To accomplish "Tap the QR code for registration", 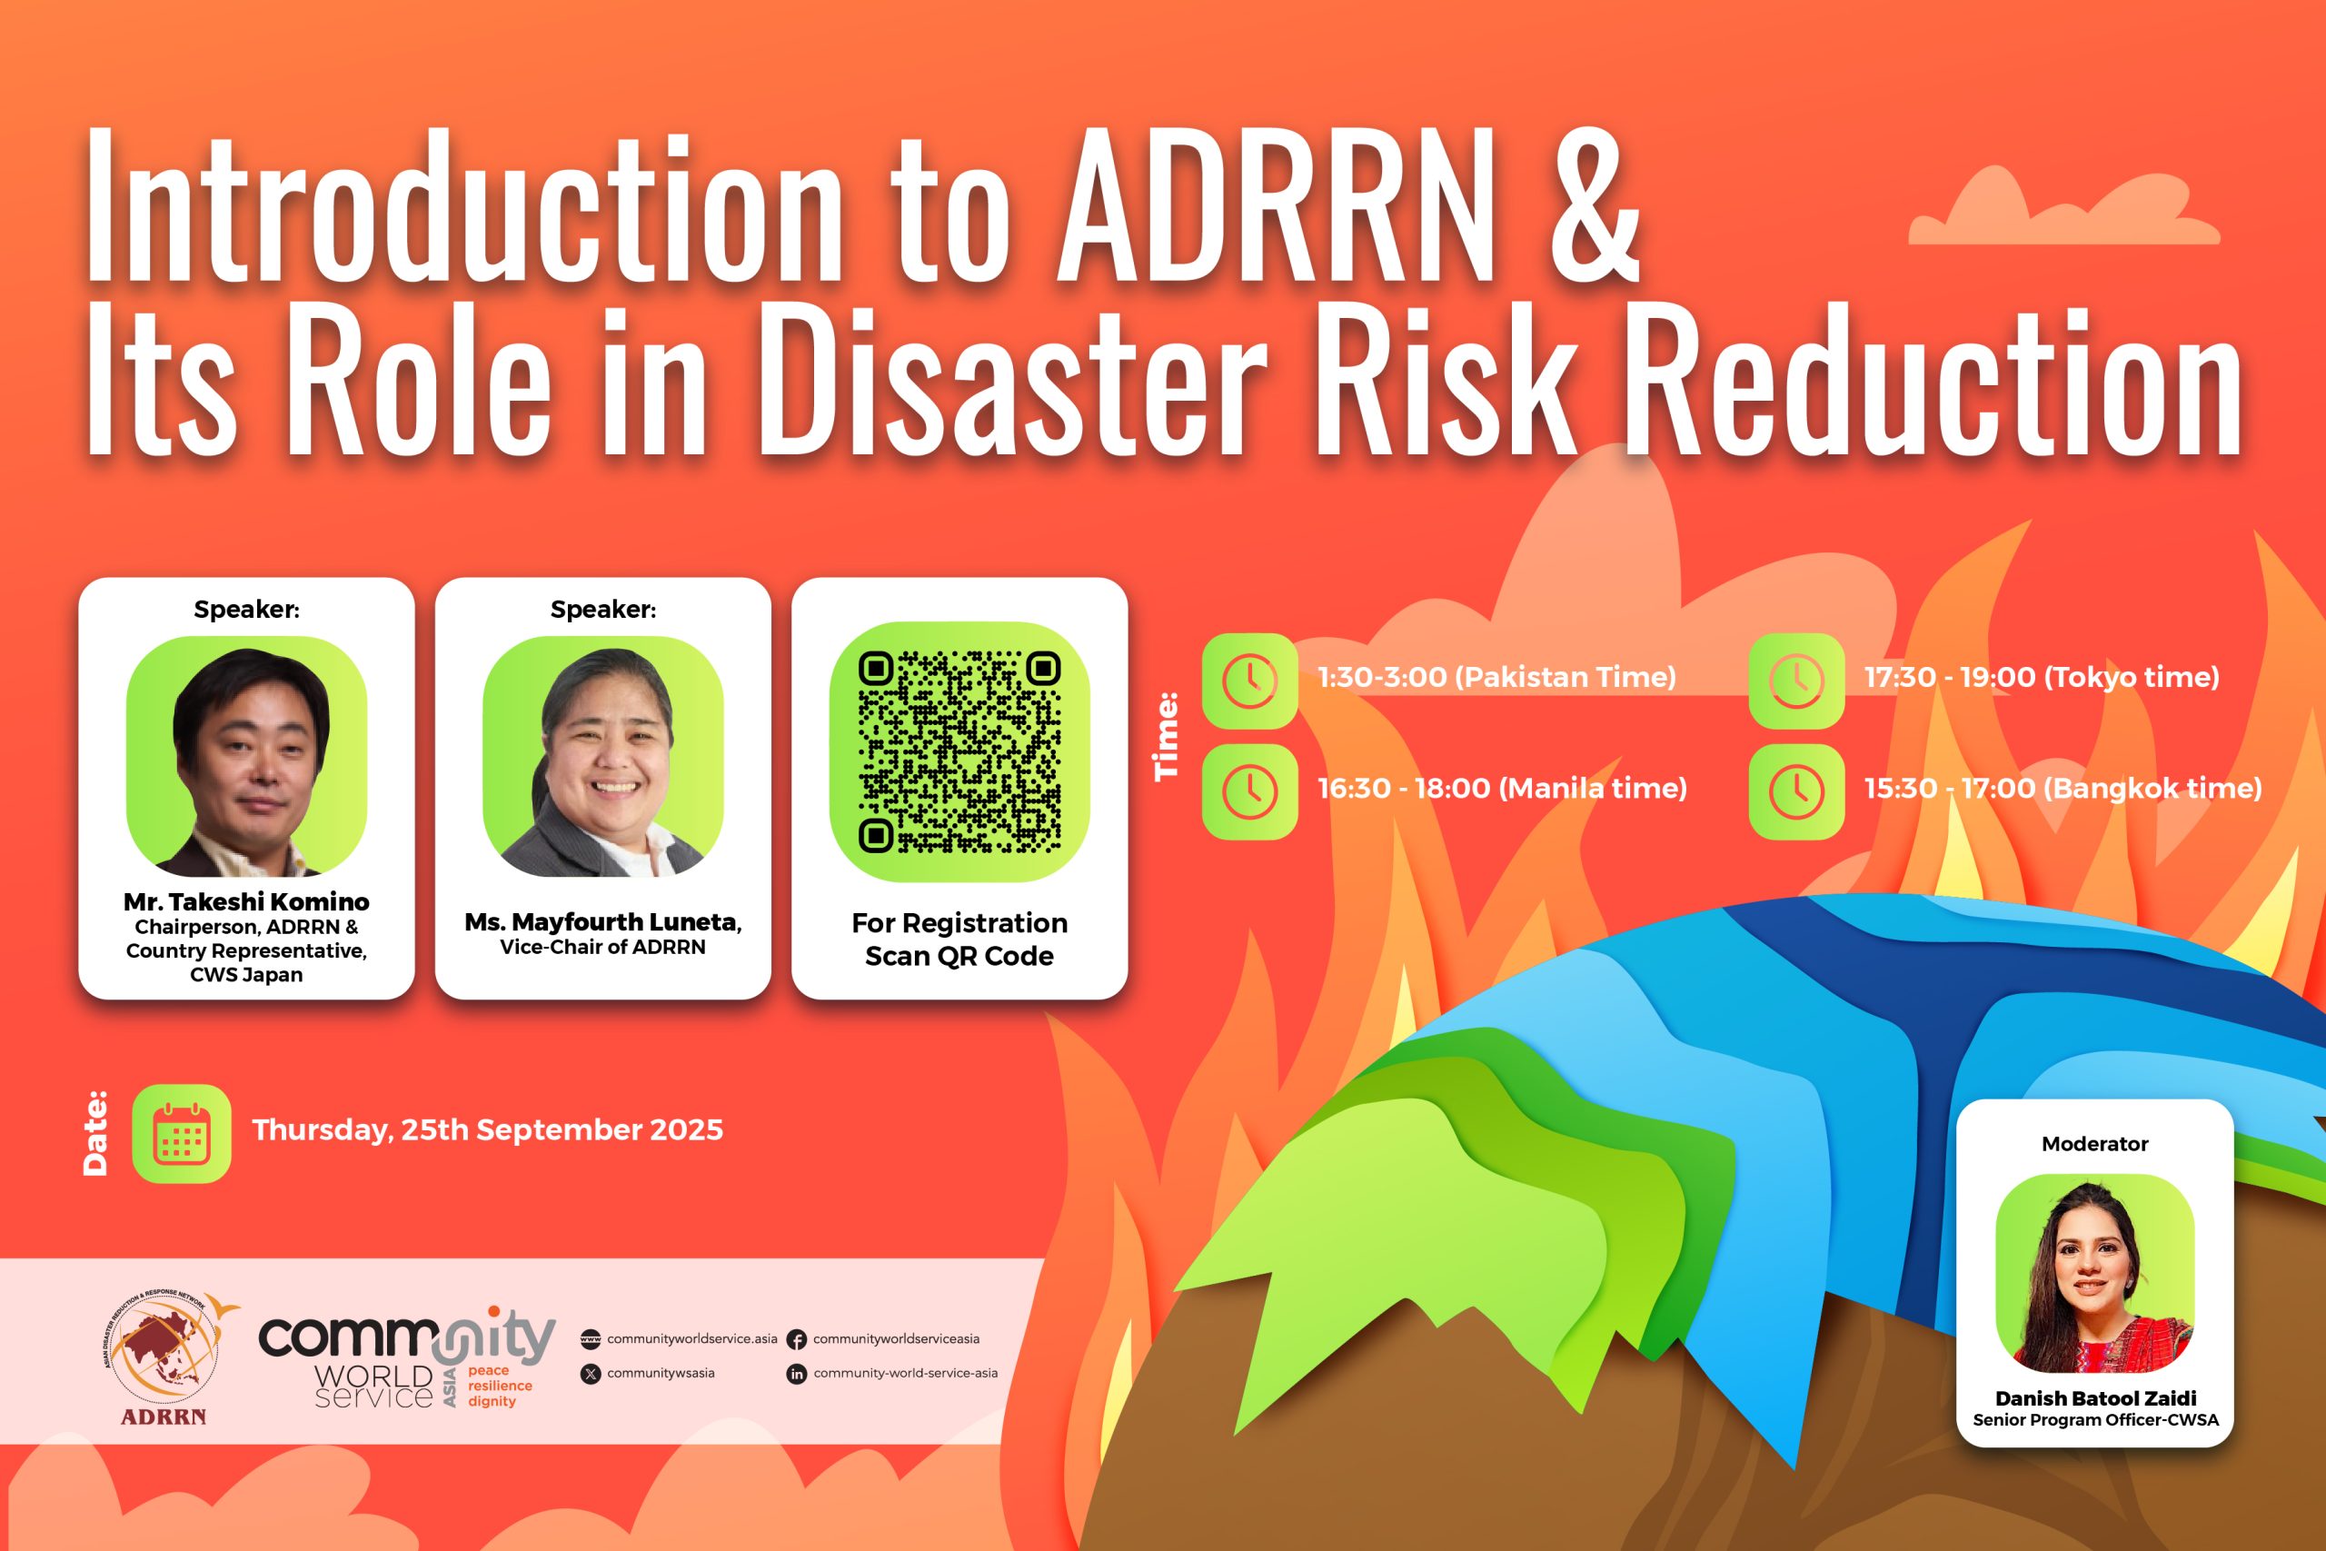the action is [959, 751].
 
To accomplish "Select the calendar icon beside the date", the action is [182, 1134].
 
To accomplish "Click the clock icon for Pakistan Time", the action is [1250, 681].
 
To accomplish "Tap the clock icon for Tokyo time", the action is [1797, 681].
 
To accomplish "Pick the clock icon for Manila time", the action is [1250, 791].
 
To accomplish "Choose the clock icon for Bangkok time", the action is [1797, 791].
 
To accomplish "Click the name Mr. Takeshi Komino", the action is [246, 902].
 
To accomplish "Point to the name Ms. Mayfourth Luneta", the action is [603, 922].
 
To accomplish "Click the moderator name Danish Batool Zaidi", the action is [2095, 1397].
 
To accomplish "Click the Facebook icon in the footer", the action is [796, 1340].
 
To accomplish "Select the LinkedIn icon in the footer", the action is [796, 1374].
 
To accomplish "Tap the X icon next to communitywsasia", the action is [591, 1374].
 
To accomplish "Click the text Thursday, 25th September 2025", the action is [488, 1130].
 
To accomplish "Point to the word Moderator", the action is [2094, 1143].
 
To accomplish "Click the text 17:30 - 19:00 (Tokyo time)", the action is [2042, 678].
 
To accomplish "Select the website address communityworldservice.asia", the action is [692, 1338].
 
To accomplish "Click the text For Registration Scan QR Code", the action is [959, 939].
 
